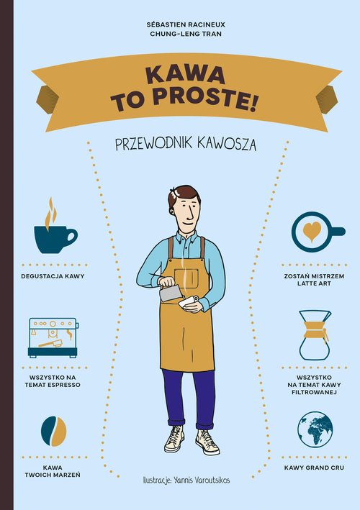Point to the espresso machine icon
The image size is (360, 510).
[x=53, y=337]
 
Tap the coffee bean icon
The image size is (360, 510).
[x=53, y=430]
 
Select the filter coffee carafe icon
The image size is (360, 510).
[x=315, y=335]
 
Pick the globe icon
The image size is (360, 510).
[x=315, y=429]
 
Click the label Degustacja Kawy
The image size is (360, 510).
[x=53, y=276]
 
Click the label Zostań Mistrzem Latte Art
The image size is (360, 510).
[x=315, y=280]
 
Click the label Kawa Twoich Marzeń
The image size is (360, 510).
[x=53, y=471]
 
